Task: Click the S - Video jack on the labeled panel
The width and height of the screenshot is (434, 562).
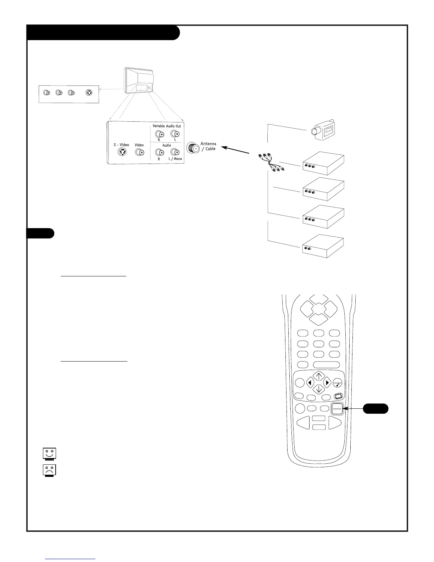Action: click(122, 153)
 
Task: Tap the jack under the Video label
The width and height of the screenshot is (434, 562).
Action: click(139, 153)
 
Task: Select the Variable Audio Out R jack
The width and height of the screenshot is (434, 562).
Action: click(159, 134)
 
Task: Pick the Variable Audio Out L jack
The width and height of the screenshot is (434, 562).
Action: click(175, 134)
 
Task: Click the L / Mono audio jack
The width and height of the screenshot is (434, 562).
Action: click(175, 153)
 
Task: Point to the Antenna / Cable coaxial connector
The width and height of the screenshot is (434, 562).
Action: click(193, 148)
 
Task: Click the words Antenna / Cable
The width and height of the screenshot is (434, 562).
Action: click(208, 146)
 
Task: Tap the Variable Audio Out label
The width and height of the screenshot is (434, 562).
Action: click(167, 126)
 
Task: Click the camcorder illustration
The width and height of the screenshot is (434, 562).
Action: click(324, 129)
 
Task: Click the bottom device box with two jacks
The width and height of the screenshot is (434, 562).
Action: click(323, 246)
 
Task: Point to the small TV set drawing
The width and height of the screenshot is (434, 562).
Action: click(139, 82)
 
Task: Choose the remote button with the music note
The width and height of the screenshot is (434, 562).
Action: click(338, 383)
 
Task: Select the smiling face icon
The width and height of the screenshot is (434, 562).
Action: click(49, 454)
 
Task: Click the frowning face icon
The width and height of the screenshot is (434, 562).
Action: click(49, 470)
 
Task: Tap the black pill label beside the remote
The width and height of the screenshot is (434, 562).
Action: click(375, 409)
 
